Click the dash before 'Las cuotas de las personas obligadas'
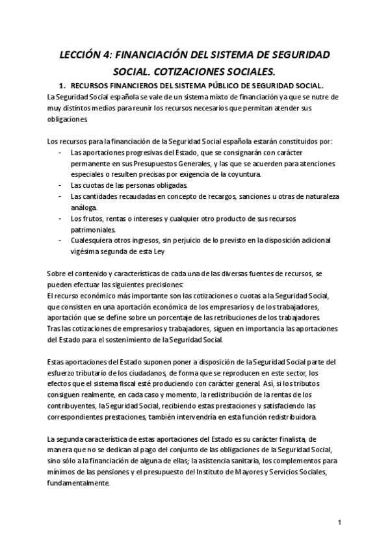coord(60,185)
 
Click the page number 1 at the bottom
coord(339,522)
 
